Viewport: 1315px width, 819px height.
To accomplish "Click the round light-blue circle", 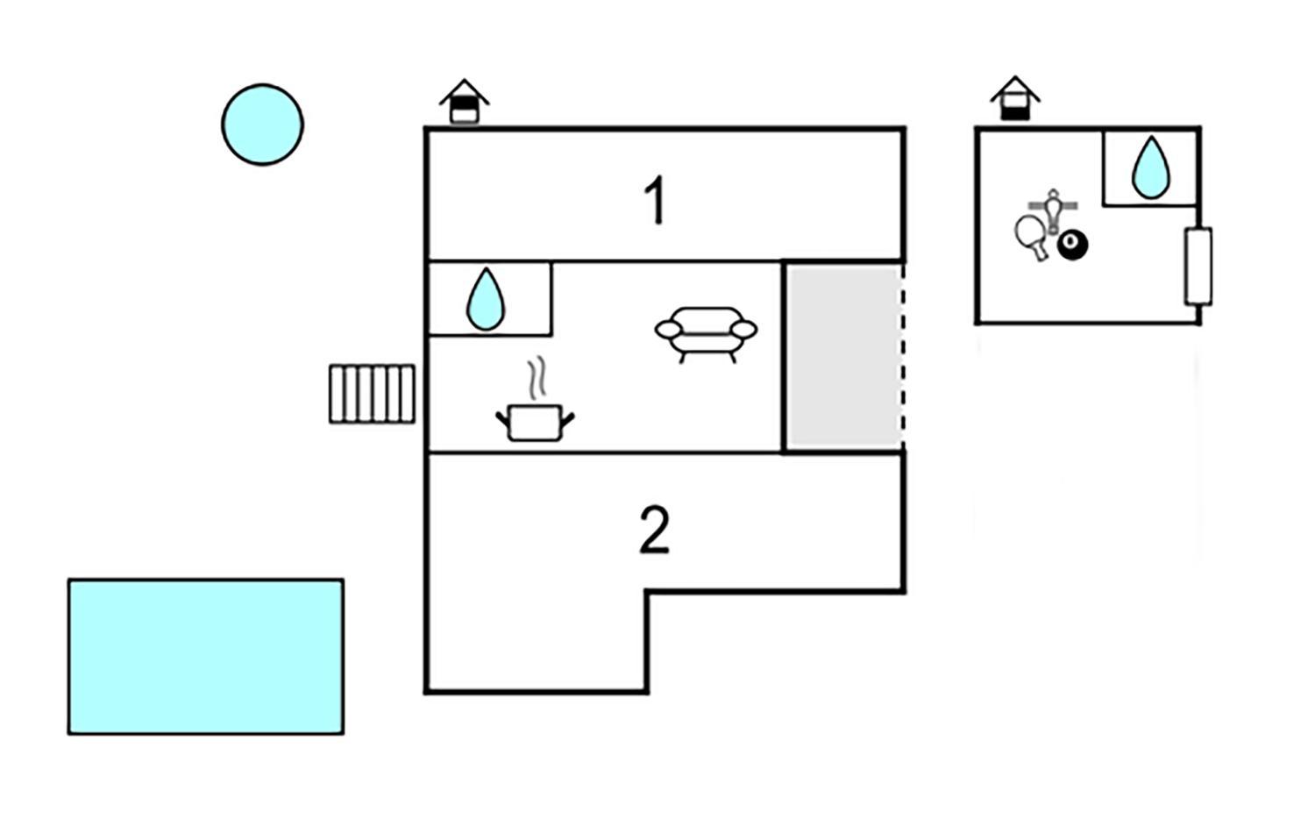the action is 262,125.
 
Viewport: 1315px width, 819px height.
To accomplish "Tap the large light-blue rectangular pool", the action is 206,657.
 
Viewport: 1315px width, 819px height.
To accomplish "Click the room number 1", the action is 655,200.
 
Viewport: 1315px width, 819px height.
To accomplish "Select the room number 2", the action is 654,530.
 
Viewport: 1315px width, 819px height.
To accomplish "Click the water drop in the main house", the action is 486,299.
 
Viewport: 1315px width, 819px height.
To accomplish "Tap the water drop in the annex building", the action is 1150,167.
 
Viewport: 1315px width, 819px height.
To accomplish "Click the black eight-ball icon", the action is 1072,245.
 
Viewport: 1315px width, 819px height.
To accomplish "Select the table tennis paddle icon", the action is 1032,235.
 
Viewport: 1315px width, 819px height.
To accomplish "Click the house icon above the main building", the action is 465,101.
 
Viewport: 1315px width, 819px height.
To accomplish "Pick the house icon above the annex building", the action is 1015,98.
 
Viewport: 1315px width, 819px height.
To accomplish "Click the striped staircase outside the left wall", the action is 373,394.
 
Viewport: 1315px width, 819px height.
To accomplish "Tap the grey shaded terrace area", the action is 843,357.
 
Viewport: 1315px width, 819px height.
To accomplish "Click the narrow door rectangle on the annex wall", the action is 1198,267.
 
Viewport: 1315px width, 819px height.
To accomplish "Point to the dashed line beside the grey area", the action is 903,357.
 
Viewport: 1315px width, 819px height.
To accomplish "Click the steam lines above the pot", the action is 537,378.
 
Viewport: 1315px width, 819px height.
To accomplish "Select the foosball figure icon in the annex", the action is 1053,210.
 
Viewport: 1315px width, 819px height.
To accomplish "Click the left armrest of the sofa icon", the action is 669,330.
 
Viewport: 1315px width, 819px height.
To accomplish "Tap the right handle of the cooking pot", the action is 567,419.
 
